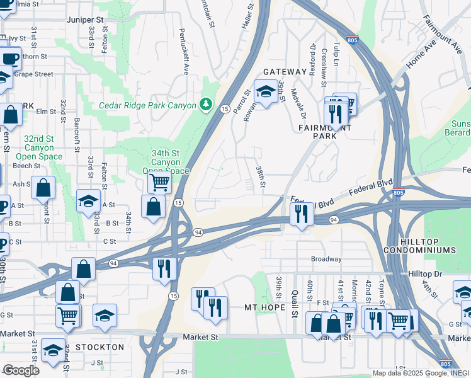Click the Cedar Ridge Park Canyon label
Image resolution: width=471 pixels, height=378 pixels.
click(148, 105)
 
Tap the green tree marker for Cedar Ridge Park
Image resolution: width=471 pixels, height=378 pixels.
click(206, 103)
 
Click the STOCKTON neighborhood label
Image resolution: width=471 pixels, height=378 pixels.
click(99, 347)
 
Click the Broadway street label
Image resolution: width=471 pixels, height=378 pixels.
click(326, 259)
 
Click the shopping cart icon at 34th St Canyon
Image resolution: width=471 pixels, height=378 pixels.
click(160, 183)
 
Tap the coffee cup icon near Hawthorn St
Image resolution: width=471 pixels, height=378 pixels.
click(9, 59)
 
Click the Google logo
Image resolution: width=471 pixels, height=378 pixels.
click(21, 370)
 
